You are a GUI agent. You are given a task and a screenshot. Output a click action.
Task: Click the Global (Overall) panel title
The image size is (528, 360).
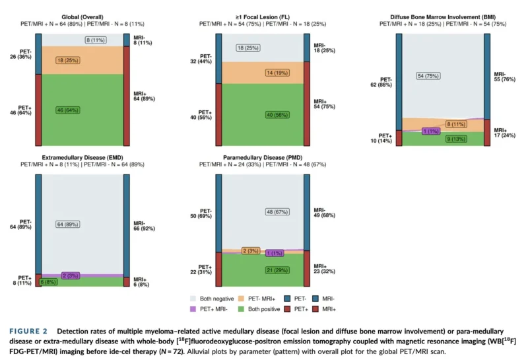coord(82,17)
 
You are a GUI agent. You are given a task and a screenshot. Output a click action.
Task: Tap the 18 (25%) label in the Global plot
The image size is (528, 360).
coord(68,60)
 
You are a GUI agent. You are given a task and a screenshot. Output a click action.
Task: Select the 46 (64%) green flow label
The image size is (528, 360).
coord(68,110)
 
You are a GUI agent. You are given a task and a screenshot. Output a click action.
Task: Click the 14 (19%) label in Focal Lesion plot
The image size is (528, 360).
coord(277,73)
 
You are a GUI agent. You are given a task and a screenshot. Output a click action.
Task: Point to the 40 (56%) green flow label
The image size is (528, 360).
coord(277,115)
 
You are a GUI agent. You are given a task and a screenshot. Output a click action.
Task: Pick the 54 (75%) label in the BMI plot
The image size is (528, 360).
coord(428,76)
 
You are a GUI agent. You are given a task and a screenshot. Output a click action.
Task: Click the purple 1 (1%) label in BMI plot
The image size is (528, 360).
coord(431,131)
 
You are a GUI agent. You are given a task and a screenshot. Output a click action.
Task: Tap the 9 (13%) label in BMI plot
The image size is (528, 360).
coord(456,139)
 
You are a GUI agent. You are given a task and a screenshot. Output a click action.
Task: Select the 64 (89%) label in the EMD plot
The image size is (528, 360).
coord(68,225)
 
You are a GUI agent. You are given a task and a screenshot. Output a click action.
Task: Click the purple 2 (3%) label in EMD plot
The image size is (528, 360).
coord(71,275)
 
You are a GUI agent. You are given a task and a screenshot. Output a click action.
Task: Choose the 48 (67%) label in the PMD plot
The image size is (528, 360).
coord(277,212)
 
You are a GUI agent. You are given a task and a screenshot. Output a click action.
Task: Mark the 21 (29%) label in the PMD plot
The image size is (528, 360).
coord(277,270)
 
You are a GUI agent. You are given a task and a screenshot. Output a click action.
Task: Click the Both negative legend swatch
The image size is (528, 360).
coord(193,299)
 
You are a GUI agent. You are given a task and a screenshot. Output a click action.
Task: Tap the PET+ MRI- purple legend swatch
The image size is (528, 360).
coord(193,308)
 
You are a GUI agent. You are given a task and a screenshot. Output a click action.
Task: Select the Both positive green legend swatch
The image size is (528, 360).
coord(241,308)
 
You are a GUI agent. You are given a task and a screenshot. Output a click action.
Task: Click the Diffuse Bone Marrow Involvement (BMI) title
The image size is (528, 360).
coord(443,17)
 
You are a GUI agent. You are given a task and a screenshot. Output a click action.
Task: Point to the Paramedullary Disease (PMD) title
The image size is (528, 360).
coord(263,158)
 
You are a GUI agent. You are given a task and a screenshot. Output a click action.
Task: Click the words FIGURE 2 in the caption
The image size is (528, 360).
coord(28,332)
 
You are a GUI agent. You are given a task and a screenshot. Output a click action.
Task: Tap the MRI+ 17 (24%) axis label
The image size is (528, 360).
coord(504,133)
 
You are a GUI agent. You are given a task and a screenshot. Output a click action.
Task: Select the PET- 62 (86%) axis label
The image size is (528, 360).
coord(381,83)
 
